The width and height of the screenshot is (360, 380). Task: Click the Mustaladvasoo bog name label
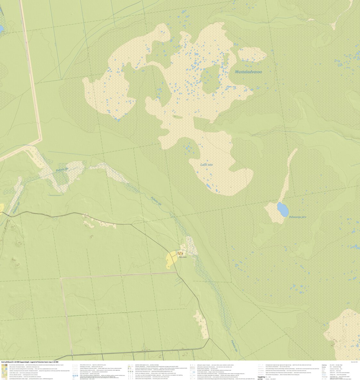click(x=248, y=72)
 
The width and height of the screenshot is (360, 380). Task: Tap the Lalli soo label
click(x=206, y=165)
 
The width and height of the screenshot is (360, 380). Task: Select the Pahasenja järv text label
click(x=297, y=217)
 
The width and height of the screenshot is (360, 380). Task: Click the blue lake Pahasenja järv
click(x=283, y=210)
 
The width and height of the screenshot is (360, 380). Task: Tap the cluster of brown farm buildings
click(x=180, y=254)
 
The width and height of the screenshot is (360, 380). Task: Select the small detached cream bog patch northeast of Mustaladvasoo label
click(x=252, y=54)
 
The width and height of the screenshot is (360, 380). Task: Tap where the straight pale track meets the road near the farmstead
click(x=177, y=273)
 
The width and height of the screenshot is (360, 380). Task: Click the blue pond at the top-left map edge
click(x=1, y=29)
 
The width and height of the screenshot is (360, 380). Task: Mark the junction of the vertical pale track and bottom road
click(x=72, y=355)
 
